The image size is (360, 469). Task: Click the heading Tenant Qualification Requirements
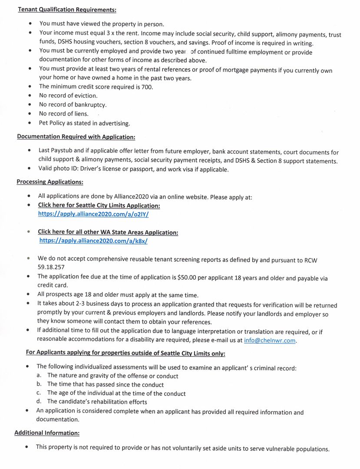point(67,9)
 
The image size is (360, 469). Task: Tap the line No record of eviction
point(68,96)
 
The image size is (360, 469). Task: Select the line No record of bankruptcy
point(73,105)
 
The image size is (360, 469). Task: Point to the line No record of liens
point(63,114)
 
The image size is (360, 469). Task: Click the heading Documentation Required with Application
point(76,137)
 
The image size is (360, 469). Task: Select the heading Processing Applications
point(50,182)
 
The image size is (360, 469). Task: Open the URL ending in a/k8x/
point(96,241)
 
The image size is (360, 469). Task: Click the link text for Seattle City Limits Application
point(99,205)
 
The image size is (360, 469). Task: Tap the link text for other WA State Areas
point(108,232)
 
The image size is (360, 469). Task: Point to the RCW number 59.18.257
point(51,268)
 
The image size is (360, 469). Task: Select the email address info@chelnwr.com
point(270,340)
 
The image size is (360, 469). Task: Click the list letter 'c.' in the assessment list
point(39,393)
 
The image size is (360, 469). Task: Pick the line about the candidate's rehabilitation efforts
point(97,402)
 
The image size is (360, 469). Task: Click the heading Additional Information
point(47,433)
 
